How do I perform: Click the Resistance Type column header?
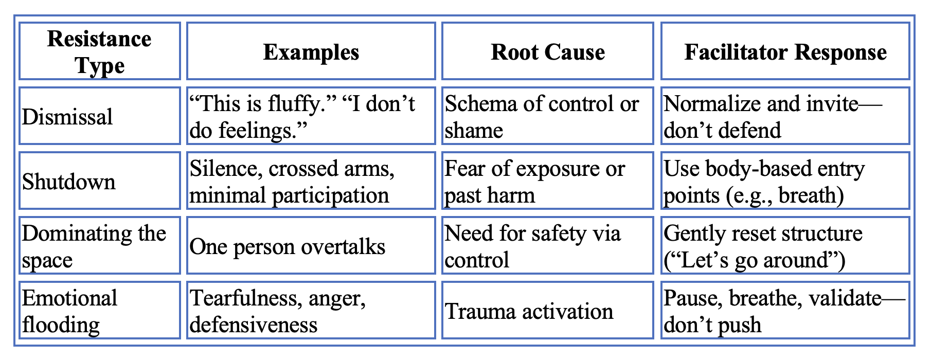tap(99, 52)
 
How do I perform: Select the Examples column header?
tap(311, 52)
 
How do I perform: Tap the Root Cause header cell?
tap(548, 52)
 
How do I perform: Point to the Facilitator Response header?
tap(785, 52)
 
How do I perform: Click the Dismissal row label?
tap(67, 117)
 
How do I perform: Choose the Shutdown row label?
tap(69, 182)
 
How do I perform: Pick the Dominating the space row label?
tap(94, 246)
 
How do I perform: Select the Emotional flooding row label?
tap(70, 311)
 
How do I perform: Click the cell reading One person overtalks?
tap(288, 247)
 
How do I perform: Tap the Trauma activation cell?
tap(529, 312)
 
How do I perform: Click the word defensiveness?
tap(253, 325)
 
